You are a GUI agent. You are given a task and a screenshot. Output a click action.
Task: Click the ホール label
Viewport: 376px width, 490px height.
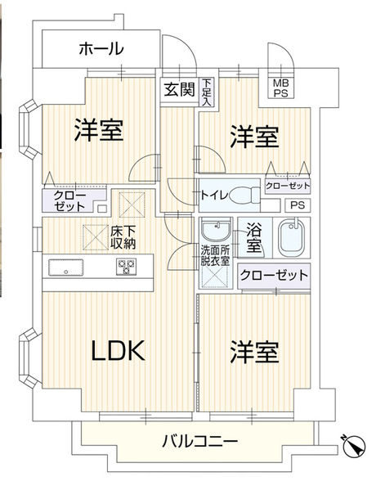point(101,49)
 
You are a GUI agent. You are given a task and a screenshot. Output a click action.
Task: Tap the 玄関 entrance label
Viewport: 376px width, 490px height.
point(180,89)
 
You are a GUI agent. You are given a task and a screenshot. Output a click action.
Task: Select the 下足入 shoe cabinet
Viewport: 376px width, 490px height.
point(207,92)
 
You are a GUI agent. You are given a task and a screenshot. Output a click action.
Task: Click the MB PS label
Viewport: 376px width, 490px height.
point(280,88)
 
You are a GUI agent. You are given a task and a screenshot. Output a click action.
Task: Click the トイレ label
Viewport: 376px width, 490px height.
point(214,196)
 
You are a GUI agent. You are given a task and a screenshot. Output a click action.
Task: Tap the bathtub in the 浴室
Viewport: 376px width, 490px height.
point(291,237)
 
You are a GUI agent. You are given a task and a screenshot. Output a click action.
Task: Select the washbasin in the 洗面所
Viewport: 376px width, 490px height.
point(216,228)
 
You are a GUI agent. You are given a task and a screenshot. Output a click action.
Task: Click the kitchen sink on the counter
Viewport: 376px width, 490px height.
point(66,267)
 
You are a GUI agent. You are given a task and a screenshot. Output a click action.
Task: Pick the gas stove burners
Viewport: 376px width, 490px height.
point(127,267)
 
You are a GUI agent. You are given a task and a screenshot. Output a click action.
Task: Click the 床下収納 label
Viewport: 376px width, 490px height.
point(123,237)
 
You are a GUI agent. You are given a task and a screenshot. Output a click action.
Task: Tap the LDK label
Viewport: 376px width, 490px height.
point(118,351)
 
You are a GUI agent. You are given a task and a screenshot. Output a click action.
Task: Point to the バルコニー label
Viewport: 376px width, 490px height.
point(200,442)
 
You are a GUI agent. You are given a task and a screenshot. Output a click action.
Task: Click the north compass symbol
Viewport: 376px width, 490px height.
point(353,446)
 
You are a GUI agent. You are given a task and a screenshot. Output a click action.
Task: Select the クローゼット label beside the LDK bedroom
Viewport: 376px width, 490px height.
point(274,276)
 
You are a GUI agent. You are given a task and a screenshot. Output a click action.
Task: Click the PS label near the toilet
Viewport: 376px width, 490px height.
point(298,205)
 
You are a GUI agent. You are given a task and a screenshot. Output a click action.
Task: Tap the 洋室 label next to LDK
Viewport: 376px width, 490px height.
point(254,353)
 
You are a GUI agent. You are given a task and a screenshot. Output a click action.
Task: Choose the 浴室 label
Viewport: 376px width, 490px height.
point(253,238)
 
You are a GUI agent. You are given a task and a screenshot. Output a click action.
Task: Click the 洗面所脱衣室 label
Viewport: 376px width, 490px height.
point(215,255)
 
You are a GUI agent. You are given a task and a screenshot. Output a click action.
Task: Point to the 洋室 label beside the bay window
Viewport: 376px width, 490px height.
point(99,130)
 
